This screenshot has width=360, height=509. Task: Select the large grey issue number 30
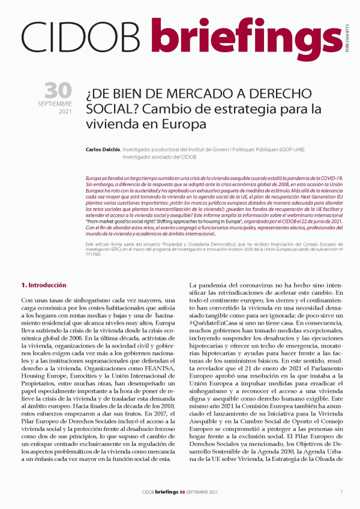pos(58,91)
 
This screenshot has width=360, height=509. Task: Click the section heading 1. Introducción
pos(44,285)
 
